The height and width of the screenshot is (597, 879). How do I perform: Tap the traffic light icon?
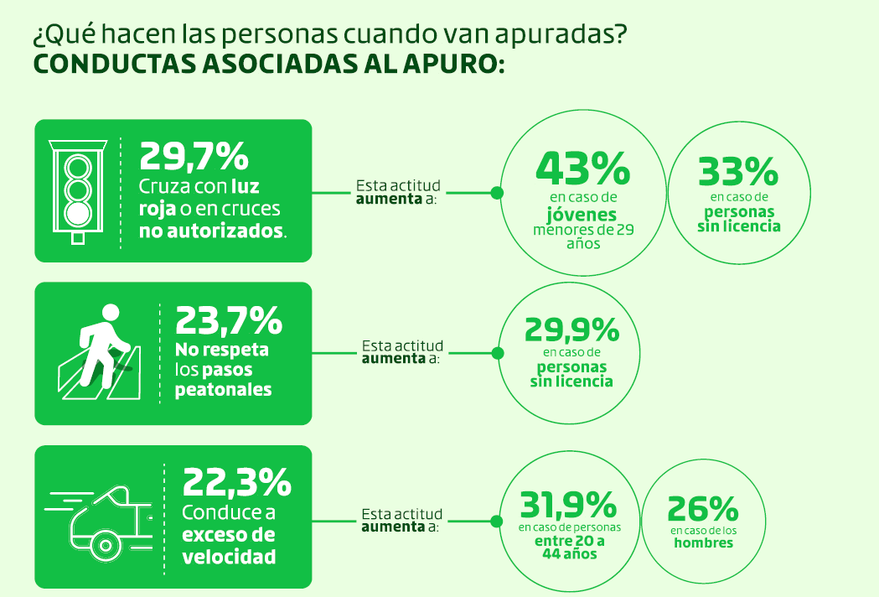coord(78,189)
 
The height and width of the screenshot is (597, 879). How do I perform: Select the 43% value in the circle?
coord(582,169)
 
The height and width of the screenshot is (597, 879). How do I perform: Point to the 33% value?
coord(738,172)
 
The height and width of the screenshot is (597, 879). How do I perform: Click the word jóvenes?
coord(576,214)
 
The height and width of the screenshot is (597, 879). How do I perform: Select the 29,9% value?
coord(571,330)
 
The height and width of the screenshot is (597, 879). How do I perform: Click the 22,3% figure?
coord(237,482)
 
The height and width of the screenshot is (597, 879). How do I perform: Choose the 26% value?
coord(702,509)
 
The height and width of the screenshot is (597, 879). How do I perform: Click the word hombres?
coord(703,543)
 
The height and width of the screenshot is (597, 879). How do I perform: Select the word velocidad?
coord(229,556)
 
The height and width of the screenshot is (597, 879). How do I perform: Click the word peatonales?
coord(223,390)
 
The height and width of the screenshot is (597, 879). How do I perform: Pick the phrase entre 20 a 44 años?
coord(570,548)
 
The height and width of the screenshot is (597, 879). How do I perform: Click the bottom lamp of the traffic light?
coord(78,212)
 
